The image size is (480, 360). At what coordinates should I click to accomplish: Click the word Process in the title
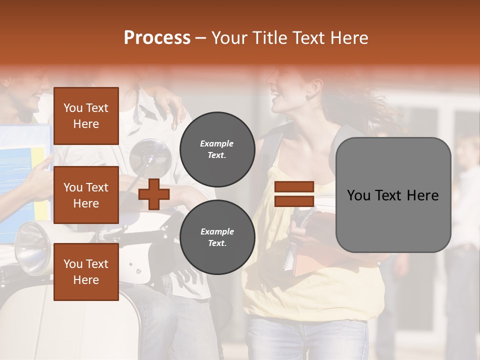tap(157, 38)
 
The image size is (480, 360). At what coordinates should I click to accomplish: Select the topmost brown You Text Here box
tap(86, 116)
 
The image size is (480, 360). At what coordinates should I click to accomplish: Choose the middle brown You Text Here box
tap(86, 195)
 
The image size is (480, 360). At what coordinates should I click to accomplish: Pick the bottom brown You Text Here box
tap(86, 271)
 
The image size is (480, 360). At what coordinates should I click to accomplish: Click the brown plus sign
tap(153, 194)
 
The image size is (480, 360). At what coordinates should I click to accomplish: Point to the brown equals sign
tap(294, 194)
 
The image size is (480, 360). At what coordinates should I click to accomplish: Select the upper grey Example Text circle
tap(217, 149)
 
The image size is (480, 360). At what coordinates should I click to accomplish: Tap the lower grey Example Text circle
tap(217, 237)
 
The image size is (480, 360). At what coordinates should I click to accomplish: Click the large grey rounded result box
tap(393, 195)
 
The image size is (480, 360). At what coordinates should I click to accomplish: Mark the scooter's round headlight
tap(32, 248)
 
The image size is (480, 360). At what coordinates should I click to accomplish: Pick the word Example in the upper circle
tap(217, 143)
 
